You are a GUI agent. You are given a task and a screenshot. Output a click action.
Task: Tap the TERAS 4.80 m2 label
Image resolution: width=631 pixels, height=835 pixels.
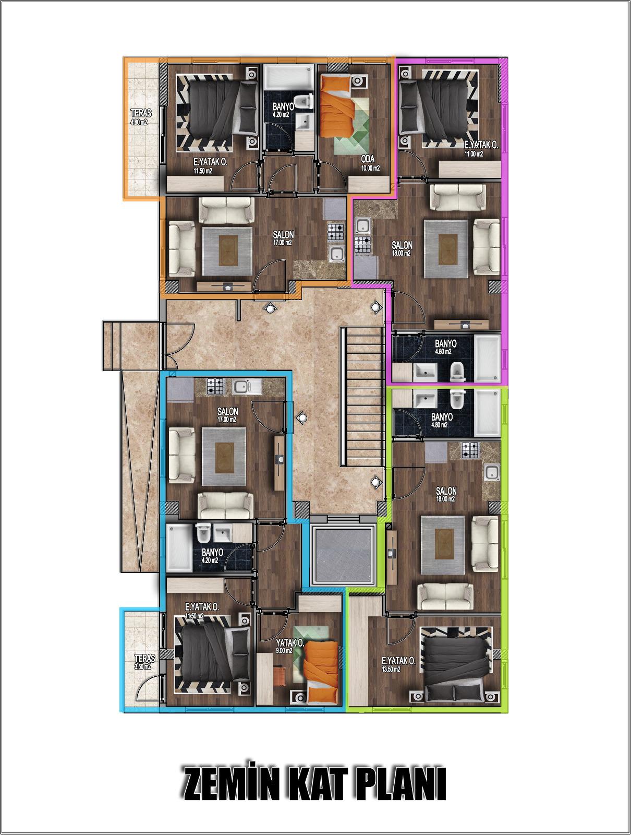[x=141, y=117]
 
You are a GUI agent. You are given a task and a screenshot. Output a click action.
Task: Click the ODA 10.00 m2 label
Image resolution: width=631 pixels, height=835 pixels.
[x=370, y=163]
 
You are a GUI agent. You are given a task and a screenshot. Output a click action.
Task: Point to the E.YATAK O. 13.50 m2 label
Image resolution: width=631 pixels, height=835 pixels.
[x=398, y=664]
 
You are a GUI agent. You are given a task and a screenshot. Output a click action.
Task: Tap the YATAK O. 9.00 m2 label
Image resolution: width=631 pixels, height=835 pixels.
[x=289, y=646]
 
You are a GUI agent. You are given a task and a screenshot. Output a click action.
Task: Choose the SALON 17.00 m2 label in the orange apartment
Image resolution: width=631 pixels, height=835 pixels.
[x=283, y=238]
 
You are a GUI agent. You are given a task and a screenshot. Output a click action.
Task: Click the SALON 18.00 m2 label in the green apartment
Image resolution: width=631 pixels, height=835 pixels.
[x=446, y=495]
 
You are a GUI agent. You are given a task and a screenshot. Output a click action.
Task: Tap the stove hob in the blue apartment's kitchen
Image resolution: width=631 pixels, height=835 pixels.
[x=215, y=386]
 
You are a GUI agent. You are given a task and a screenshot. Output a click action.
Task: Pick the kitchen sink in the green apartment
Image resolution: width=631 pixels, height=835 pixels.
[x=492, y=473]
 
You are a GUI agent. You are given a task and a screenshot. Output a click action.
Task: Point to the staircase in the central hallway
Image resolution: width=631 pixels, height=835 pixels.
[x=363, y=397]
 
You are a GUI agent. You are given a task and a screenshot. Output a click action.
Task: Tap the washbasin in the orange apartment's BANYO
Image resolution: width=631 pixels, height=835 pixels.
[x=304, y=123]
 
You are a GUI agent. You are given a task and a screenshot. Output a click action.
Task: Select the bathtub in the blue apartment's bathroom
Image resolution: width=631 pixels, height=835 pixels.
[x=179, y=548]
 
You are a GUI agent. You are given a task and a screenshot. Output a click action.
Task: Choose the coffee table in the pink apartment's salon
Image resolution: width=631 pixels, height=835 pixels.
[x=448, y=249]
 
